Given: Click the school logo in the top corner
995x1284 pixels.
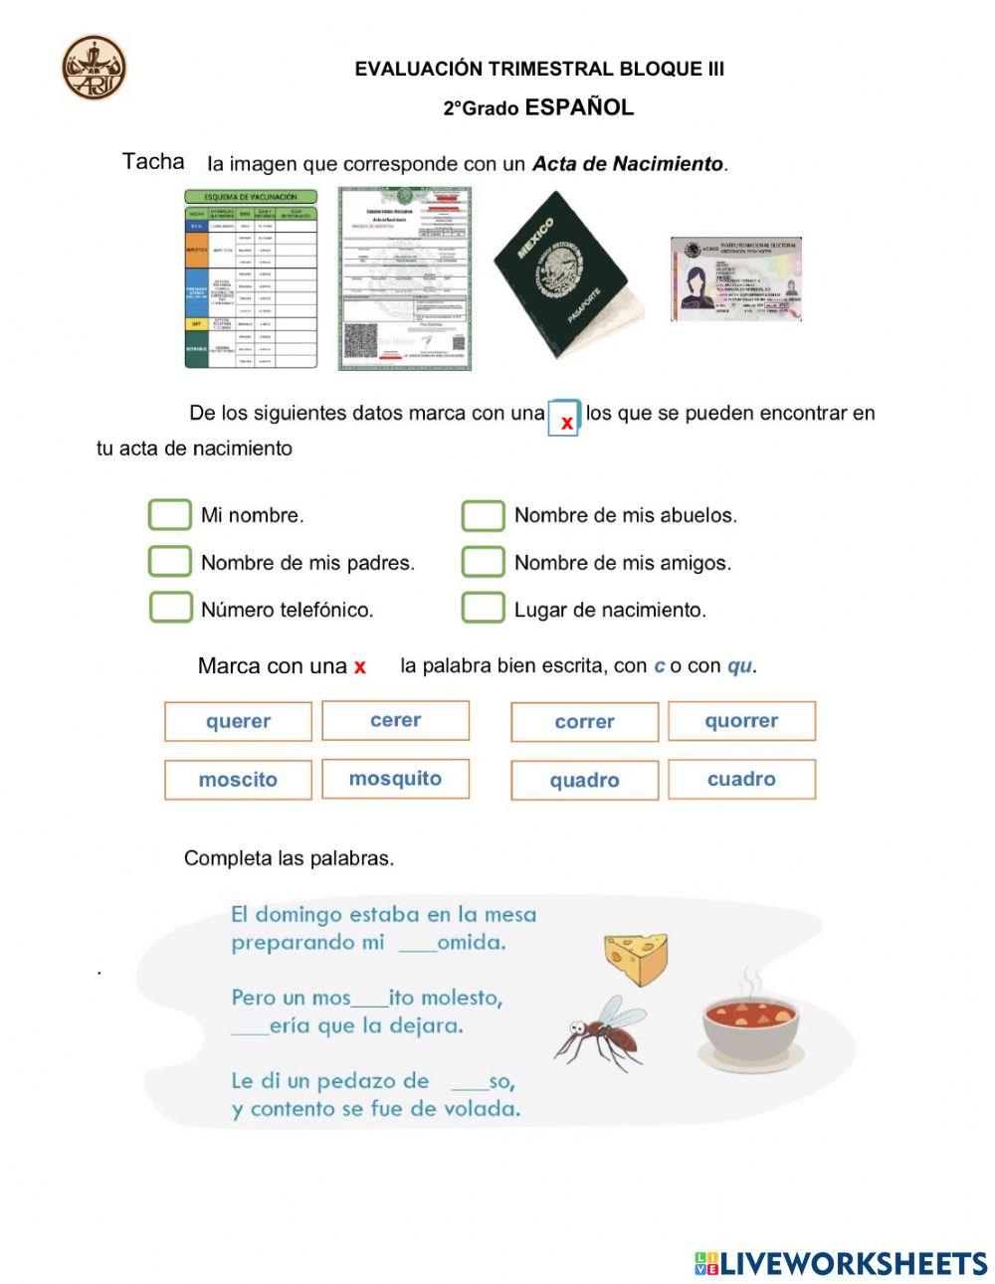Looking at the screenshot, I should coord(95,68).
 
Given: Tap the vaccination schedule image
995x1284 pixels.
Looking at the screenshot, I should coord(251,279).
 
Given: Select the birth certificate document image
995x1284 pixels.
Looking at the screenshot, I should coord(404,278).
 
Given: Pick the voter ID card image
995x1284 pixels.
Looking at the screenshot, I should coord(736,278).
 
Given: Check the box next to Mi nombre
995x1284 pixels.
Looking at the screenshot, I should coord(169,514).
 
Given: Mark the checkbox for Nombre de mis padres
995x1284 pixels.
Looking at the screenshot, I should coord(169,561).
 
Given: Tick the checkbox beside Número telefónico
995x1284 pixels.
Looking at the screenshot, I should coord(170,608).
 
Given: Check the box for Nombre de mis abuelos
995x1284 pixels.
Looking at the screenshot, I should coord(483,515).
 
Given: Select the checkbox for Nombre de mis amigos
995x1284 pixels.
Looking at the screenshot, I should coord(483,561).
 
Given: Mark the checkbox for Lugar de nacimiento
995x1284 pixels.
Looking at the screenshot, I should coord(483,608).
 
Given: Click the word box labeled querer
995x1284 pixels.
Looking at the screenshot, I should coord(238,722).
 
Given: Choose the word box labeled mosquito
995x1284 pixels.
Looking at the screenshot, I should coord(395,779).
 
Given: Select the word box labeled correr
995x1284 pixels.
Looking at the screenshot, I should coord(584,722).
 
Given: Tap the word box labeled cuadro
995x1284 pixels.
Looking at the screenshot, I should coord(741,779).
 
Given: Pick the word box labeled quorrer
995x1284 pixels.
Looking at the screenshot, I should coord(741,721).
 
